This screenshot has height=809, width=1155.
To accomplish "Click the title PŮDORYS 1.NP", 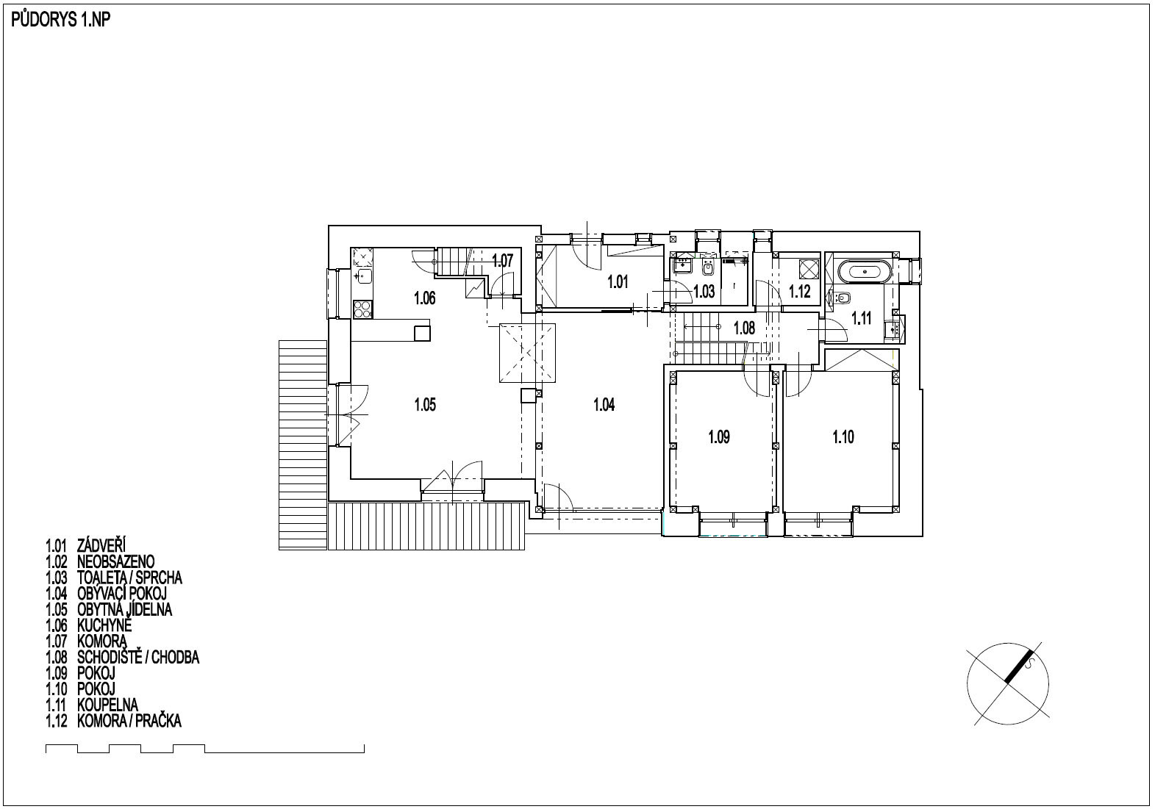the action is [x=61, y=20].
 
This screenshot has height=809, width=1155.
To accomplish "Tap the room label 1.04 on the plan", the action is [x=604, y=404].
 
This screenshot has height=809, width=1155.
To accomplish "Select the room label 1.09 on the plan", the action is [x=719, y=437].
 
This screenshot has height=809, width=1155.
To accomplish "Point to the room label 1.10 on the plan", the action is [x=843, y=437].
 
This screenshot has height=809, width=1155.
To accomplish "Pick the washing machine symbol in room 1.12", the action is [x=809, y=268].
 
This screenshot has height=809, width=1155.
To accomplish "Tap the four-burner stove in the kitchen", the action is [x=362, y=309].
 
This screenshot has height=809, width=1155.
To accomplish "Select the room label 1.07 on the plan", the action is [x=502, y=261].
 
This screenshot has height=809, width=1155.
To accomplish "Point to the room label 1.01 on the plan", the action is [x=618, y=282].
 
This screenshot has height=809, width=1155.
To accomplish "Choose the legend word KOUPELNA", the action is [x=108, y=705].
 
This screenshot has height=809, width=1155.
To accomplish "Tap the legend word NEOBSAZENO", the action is [x=116, y=561].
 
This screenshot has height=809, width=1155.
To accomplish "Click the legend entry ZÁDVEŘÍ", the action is [x=101, y=544].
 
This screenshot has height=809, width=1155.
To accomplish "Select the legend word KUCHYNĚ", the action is [x=104, y=625].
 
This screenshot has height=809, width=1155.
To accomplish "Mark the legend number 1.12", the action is [x=56, y=721].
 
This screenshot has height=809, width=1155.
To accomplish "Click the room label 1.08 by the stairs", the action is [x=744, y=328].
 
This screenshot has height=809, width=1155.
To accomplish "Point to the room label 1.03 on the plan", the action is [x=704, y=292].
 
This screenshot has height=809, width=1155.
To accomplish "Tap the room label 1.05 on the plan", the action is [x=425, y=404].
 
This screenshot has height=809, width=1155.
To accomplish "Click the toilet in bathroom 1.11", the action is [x=840, y=298].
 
